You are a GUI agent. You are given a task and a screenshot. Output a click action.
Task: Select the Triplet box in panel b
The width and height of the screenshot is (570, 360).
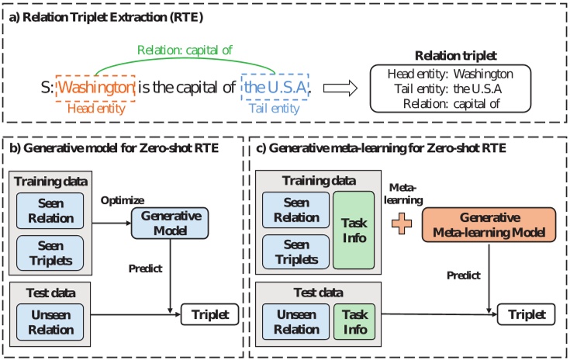pos(207,315)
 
